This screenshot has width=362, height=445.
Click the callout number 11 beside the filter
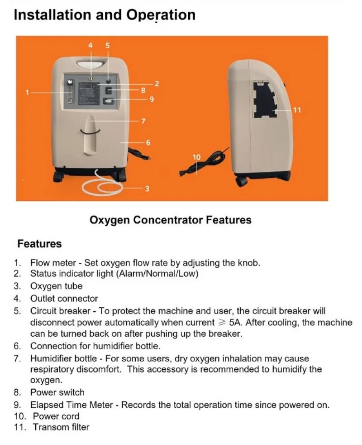tap(297, 110)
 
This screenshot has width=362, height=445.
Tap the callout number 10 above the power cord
tap(196, 157)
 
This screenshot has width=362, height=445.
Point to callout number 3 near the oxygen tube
tap(147, 189)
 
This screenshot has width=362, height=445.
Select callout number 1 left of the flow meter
tap(27, 92)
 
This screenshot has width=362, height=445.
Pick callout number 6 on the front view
tap(148, 142)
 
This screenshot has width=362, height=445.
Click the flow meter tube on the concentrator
tap(70, 91)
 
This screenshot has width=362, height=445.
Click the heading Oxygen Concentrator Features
tap(170, 220)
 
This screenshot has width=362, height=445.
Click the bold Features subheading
tap(39, 244)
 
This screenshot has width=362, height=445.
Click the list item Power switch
tap(57, 392)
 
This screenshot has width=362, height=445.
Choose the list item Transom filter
tap(61, 427)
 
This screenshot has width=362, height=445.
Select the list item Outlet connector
tap(64, 298)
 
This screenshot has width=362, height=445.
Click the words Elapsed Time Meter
tap(74, 405)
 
